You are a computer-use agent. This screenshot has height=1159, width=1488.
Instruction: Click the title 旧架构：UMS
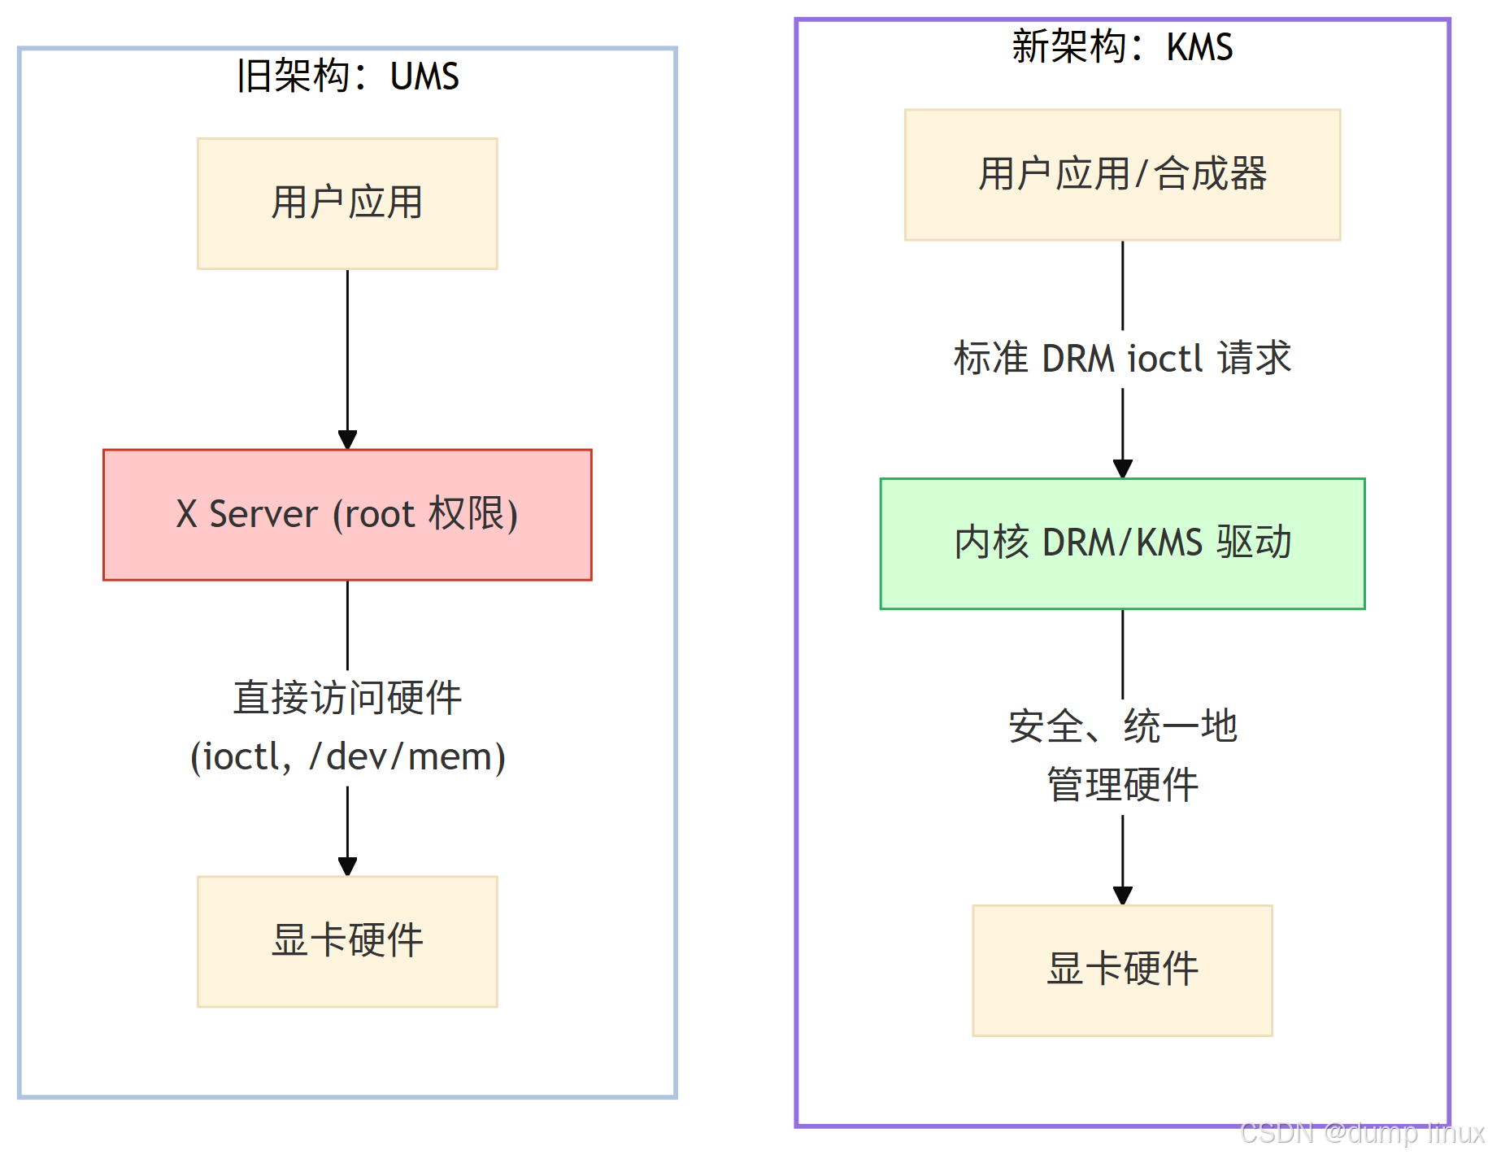click(347, 76)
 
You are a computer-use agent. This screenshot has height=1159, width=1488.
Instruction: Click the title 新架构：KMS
click(1122, 46)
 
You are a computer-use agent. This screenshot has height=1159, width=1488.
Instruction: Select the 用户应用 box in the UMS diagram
click(347, 203)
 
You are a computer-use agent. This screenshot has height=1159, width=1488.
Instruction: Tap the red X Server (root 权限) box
click(347, 515)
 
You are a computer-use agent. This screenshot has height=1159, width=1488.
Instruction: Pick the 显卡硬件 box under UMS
click(347, 941)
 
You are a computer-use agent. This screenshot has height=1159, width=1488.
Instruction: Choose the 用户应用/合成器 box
click(1122, 175)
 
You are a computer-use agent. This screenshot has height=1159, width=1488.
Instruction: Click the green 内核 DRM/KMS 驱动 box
click(1122, 543)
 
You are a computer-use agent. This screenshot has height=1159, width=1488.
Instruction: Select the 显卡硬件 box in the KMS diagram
click(1122, 969)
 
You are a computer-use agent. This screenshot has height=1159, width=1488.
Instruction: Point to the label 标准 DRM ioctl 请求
click(1122, 359)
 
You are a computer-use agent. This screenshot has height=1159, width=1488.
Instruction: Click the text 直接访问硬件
click(347, 698)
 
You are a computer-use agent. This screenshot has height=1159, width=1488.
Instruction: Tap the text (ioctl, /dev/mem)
click(347, 756)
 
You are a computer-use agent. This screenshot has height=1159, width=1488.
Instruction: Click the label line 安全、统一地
click(1122, 726)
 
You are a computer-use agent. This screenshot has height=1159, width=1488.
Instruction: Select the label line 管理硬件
click(1122, 785)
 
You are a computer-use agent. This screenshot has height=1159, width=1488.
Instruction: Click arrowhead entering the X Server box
click(347, 440)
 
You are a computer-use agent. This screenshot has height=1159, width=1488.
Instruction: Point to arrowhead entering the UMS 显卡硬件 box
click(347, 867)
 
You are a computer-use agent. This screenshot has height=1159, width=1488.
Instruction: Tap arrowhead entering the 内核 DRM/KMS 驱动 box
click(1122, 469)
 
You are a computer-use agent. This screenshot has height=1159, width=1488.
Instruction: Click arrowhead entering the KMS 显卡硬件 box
click(1122, 895)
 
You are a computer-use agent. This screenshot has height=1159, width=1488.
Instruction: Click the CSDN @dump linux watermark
click(1361, 1133)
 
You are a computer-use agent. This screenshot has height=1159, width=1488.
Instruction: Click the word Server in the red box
click(263, 515)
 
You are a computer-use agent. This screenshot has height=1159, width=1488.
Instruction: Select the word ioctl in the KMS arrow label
click(1164, 359)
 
